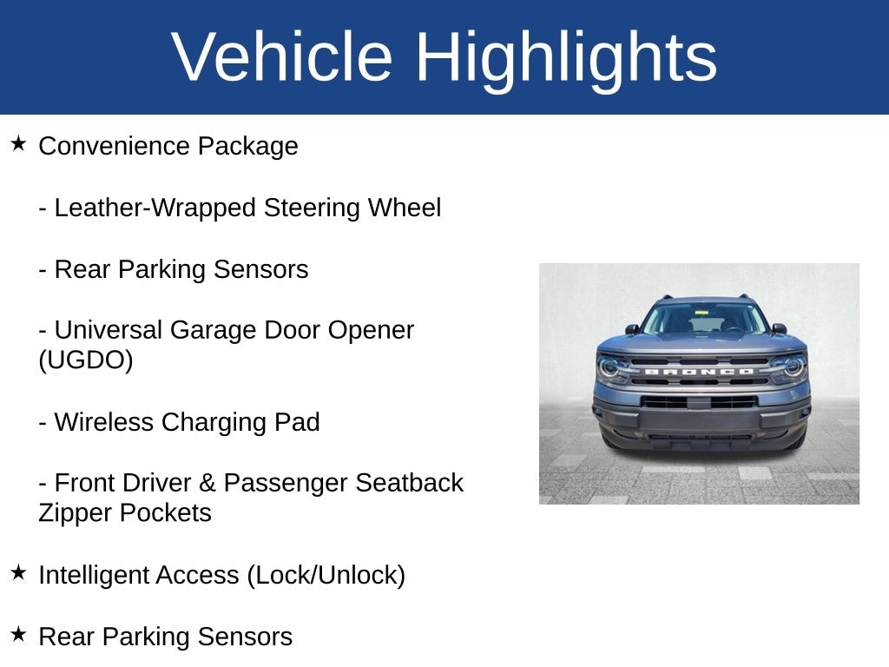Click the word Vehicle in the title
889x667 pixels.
[282, 56]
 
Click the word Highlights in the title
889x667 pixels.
[566, 60]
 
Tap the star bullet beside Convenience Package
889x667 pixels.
[19, 143]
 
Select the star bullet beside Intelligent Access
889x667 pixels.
[19, 572]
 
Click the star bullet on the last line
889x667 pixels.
[19, 634]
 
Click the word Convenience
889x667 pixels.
[114, 146]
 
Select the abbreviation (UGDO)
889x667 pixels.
[86, 360]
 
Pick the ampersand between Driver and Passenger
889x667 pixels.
[207, 483]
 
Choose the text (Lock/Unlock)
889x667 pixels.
[326, 575]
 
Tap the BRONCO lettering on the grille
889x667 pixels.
[700, 372]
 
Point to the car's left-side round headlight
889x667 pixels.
[609, 367]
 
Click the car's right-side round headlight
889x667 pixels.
[794, 367]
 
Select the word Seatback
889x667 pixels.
[410, 483]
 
